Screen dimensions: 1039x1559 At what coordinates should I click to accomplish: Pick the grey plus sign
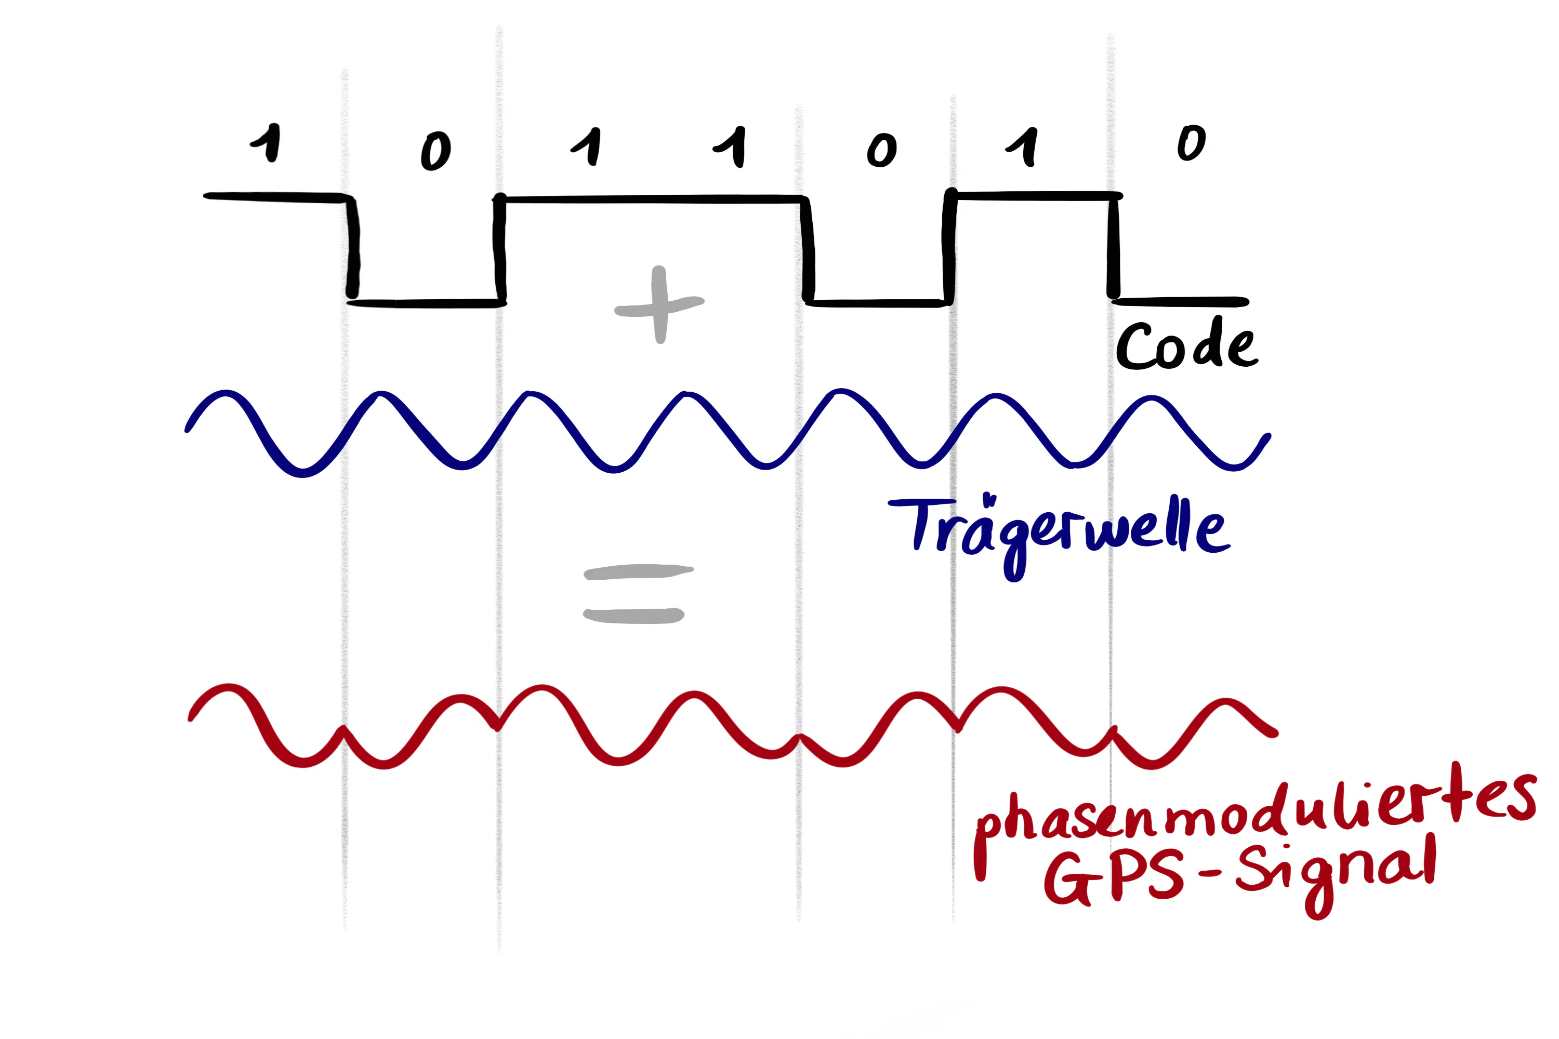(x=659, y=305)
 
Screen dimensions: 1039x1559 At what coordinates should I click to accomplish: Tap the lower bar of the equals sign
(x=633, y=616)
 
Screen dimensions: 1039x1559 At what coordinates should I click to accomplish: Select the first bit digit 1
(x=267, y=142)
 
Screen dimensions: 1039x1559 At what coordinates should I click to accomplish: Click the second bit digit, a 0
(x=435, y=151)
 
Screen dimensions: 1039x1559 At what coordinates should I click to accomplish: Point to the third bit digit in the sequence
(x=587, y=146)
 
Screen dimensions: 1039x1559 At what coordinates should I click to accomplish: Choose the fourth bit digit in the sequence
(x=731, y=147)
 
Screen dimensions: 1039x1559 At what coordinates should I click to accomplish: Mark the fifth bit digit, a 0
(x=881, y=150)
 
